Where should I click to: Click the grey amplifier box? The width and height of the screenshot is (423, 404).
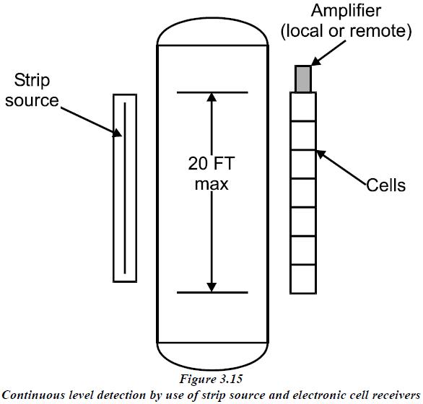(303, 79)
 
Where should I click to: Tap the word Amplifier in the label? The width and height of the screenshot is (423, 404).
(346, 12)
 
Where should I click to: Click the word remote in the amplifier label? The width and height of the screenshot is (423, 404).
(378, 31)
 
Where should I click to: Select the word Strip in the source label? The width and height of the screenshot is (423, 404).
(32, 81)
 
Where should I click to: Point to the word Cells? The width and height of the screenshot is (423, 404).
(385, 185)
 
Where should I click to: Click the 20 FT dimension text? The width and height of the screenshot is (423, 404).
(211, 163)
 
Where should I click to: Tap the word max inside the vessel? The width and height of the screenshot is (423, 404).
(211, 185)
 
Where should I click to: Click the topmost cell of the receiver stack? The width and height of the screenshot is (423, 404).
(303, 107)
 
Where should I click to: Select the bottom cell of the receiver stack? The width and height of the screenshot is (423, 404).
(303, 279)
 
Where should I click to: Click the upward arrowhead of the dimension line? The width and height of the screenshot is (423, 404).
(211, 97)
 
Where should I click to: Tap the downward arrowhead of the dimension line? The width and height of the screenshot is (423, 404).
(211, 288)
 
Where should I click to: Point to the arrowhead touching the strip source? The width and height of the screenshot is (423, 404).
(118, 133)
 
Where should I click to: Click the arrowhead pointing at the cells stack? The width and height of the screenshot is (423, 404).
(321, 154)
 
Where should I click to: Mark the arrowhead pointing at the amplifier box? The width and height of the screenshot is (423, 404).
(317, 61)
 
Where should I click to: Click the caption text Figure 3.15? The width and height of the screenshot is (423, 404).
(211, 379)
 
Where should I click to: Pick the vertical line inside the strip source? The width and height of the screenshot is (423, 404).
(125, 188)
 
